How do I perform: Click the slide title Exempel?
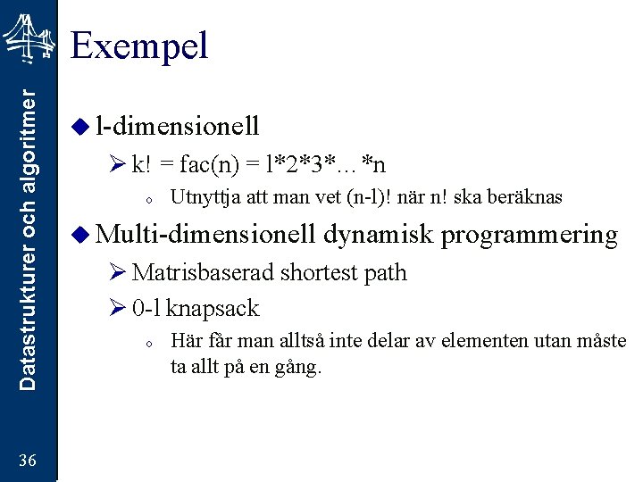tap(139, 45)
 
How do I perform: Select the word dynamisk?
tap(378, 235)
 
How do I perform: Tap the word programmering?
tap(529, 235)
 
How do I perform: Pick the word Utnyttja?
tap(199, 197)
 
